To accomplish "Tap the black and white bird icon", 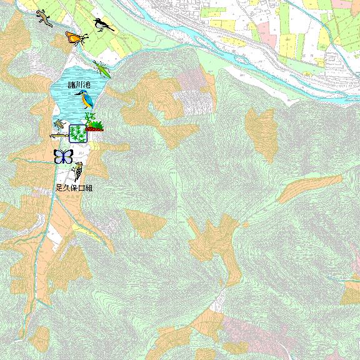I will click(102, 25).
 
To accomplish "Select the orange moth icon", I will click(76, 38).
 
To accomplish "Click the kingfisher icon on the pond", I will click(84, 97).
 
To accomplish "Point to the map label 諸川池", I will click(79, 84).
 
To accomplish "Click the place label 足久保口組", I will click(74, 187).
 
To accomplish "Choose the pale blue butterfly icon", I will click(63, 156).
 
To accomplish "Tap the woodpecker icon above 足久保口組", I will click(79, 171).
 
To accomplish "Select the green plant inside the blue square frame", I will click(78, 133).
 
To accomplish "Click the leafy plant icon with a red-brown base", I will click(94, 122).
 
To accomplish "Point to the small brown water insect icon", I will click(59, 124).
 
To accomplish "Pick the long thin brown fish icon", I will click(59, 134).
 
